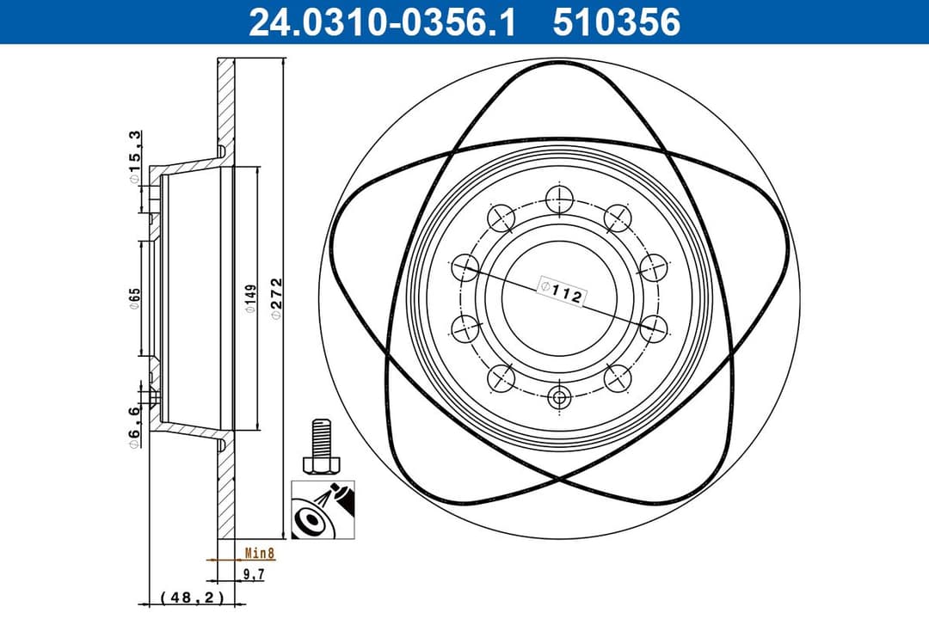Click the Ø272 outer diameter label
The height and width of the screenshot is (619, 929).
277,298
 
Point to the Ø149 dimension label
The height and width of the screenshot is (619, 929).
249,298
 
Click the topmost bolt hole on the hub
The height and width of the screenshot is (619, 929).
560,199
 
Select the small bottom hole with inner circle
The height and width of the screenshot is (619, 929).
560,398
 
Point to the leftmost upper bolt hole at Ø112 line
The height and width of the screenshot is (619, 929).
465,267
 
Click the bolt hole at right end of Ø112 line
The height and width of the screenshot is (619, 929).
655,327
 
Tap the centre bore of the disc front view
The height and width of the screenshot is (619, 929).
560,298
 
